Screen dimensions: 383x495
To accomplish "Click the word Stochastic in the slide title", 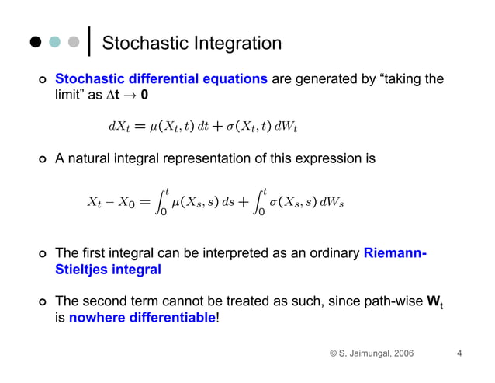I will coord(141,44).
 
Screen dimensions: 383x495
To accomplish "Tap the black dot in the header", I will coord(36,42).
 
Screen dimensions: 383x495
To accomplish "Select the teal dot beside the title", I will coord(54,42).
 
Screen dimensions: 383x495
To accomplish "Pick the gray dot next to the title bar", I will coord(73,42).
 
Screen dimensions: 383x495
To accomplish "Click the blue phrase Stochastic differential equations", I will coord(161,79).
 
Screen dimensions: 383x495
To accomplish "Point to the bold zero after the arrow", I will coord(145,95).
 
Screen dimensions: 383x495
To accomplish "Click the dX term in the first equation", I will coord(119,126).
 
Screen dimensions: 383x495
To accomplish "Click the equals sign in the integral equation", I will coord(144,202).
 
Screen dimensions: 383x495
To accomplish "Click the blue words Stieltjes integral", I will coord(108,270).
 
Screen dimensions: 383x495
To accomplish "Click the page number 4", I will coord(459,354).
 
